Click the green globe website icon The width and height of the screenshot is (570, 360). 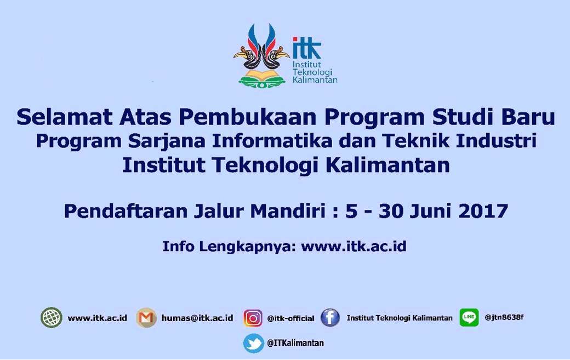tap(52, 317)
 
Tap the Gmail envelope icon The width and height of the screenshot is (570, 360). tap(146, 318)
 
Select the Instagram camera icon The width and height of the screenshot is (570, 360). tap(253, 318)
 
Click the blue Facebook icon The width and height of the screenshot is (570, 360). tap(330, 317)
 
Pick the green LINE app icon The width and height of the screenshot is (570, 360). tap(469, 317)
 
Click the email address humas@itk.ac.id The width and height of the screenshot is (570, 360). tap(197, 318)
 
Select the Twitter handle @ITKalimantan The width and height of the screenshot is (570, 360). tap(295, 343)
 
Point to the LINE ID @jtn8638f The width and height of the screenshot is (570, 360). tap(504, 317)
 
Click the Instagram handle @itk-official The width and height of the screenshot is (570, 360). tap(290, 318)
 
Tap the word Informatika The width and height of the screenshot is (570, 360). tap(272, 141)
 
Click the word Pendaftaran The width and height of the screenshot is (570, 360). tap(126, 211)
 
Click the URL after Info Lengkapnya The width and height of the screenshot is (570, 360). tap(354, 246)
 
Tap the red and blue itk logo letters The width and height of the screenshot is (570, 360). tap(307, 48)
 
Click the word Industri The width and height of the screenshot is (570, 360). tap(496, 141)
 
